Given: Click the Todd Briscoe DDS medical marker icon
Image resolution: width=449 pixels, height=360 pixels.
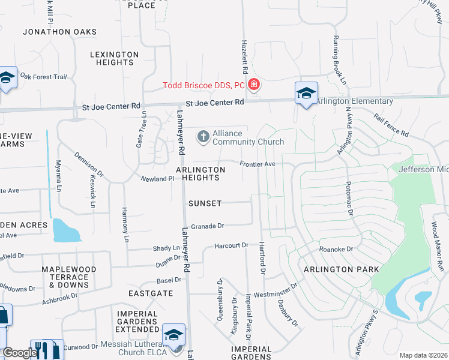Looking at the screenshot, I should [x=254, y=85].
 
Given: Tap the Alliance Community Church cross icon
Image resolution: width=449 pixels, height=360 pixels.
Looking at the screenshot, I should [x=203, y=137].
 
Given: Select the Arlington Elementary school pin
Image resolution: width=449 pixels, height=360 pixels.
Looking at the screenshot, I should [x=306, y=94].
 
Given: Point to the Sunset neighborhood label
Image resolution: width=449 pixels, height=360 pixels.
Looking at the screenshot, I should [x=205, y=203].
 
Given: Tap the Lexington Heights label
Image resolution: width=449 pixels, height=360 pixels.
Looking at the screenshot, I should [x=114, y=58].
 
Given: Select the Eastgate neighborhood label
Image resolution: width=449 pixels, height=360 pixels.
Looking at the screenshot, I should [x=151, y=293].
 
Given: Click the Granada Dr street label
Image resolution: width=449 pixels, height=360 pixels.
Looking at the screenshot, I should [x=208, y=226].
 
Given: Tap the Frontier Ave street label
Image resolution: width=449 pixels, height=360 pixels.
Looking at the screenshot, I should [x=257, y=164].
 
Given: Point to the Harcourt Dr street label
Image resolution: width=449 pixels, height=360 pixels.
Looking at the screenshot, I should [x=232, y=245].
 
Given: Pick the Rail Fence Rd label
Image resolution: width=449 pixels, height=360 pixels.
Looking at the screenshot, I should [x=391, y=125].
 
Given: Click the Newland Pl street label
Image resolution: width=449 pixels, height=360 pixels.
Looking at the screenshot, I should [x=157, y=179].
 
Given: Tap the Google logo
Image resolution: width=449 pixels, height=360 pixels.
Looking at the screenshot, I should [x=19, y=353].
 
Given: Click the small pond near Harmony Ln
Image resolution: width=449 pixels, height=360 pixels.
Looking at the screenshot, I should [x=66, y=229].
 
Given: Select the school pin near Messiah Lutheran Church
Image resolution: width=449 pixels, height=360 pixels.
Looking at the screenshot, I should [x=173, y=336].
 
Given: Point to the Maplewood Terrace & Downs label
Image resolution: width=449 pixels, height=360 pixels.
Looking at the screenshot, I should [x=65, y=277].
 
